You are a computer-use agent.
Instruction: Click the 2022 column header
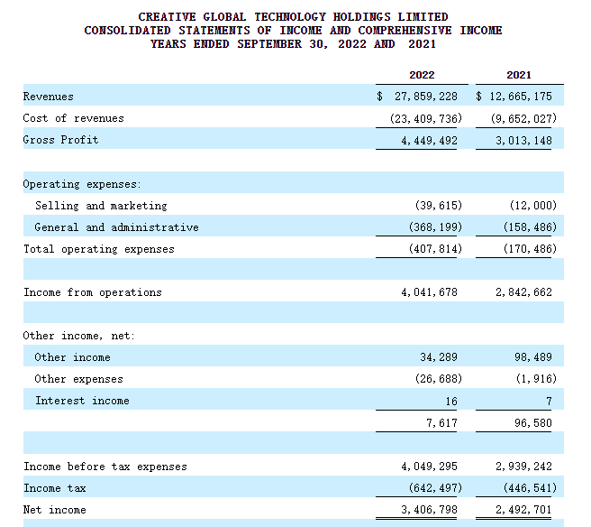[422, 75]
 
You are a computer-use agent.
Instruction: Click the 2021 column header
[519, 75]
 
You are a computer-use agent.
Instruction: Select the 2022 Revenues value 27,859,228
[426, 97]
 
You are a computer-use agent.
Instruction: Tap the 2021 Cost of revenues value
[523, 118]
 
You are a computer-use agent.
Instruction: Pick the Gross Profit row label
[60, 140]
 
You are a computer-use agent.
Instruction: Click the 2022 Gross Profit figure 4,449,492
[430, 141]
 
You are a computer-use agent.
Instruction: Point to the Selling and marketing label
[101, 206]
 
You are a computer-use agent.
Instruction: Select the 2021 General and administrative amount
[530, 227]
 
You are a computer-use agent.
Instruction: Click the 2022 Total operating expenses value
[435, 249]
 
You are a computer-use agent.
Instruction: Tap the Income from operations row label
[93, 292]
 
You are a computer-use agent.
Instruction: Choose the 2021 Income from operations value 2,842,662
[524, 292]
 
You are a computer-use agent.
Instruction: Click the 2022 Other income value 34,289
[439, 357]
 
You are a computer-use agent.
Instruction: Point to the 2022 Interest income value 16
[451, 401]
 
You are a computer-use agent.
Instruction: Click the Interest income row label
[82, 401]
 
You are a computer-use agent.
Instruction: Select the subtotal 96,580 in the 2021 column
[533, 423]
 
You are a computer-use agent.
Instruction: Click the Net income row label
[55, 510]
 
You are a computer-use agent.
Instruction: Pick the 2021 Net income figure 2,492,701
[524, 510]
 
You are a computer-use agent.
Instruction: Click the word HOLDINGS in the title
[362, 17]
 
